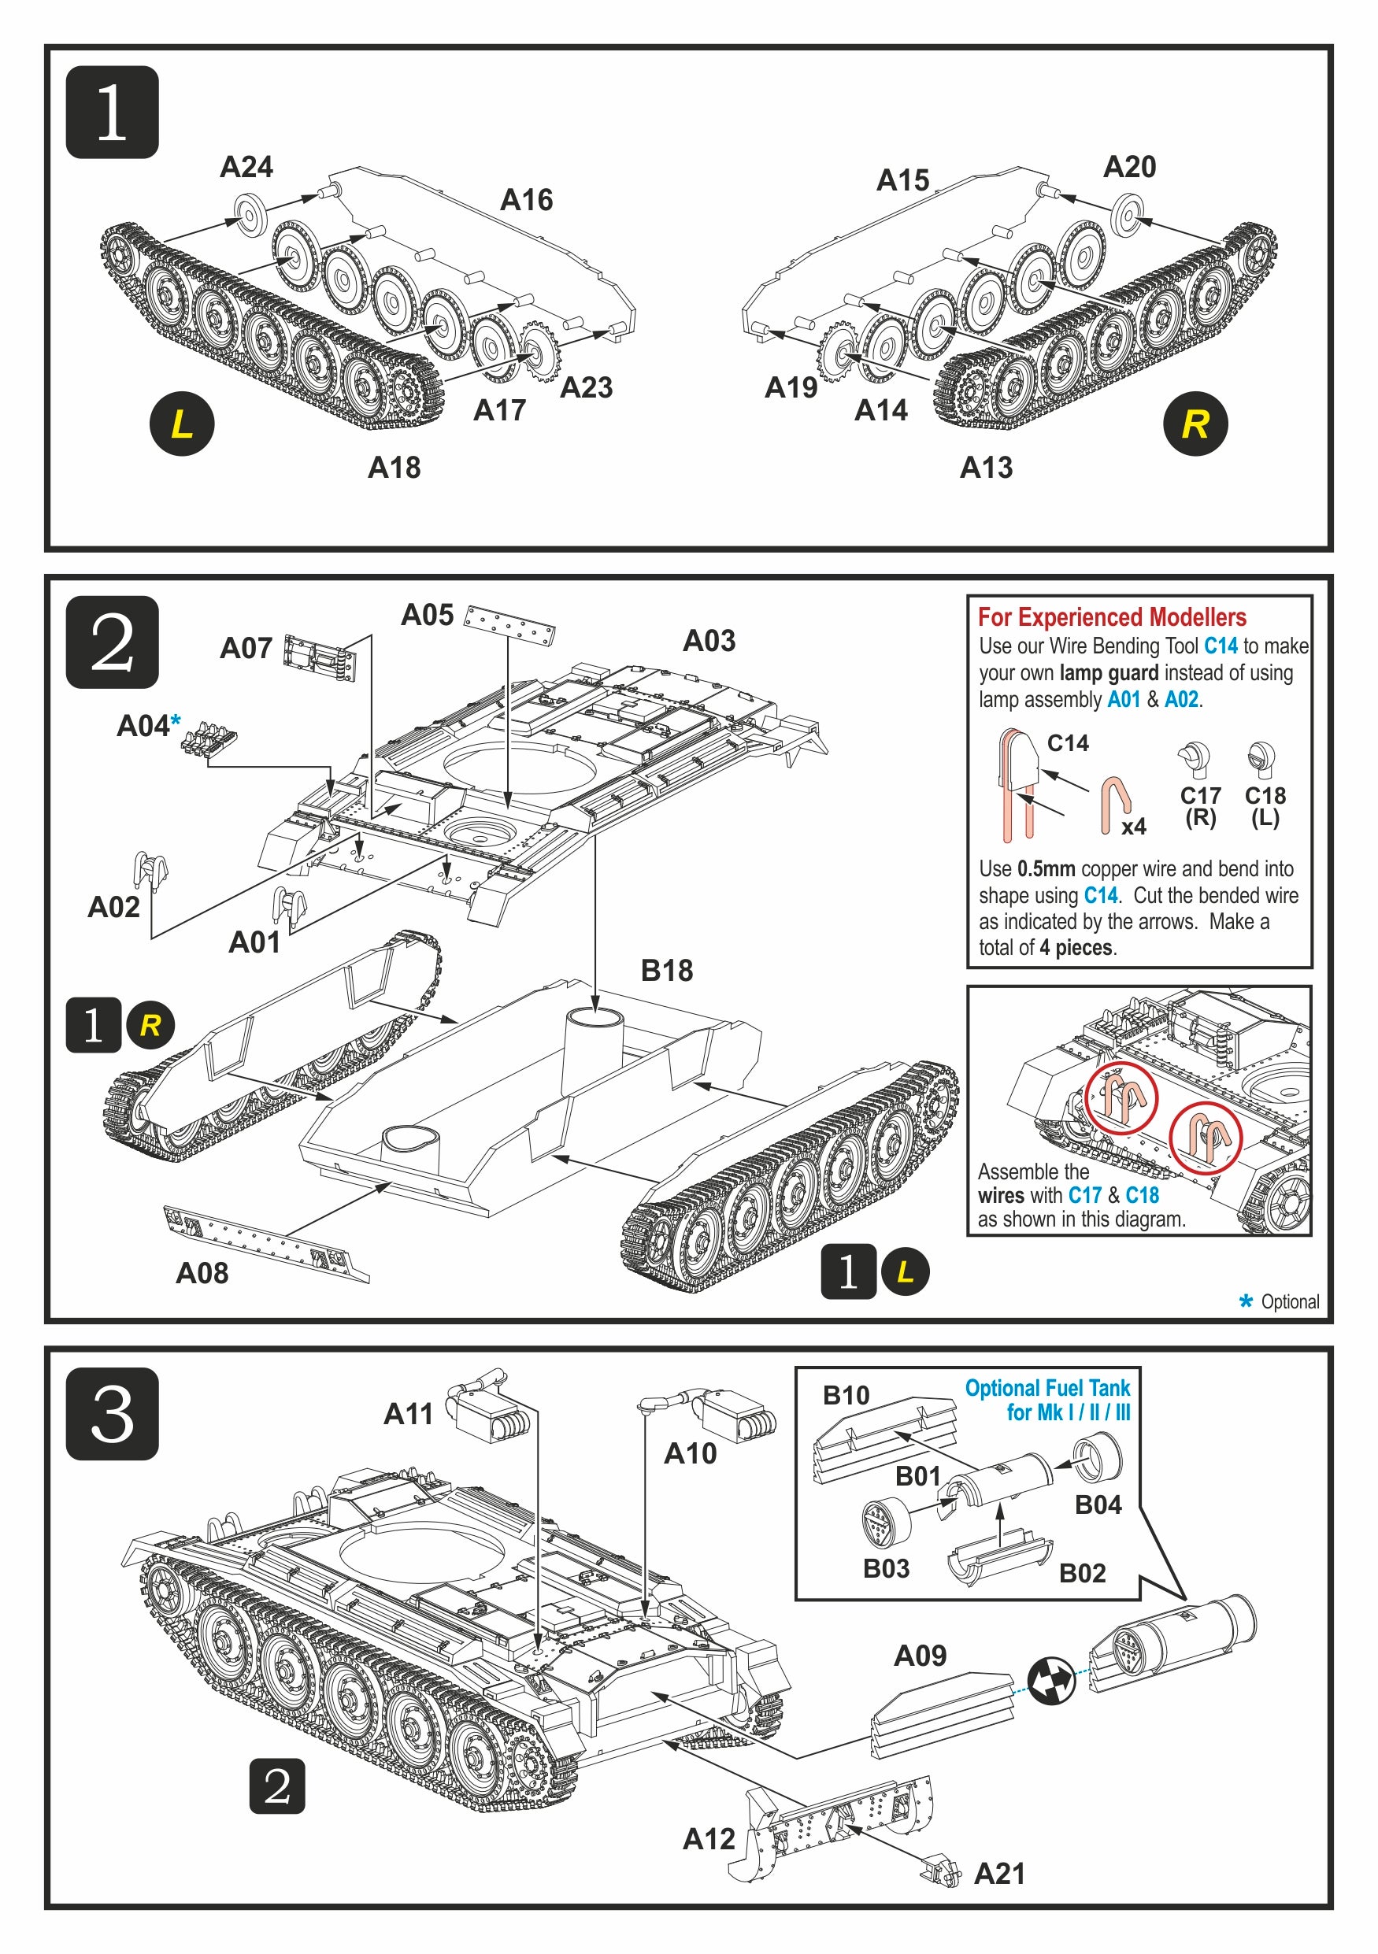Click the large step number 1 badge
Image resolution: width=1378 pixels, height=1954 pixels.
click(x=112, y=112)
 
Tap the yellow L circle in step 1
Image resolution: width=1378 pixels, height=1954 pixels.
click(x=181, y=423)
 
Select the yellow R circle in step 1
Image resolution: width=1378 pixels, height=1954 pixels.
click(x=1195, y=423)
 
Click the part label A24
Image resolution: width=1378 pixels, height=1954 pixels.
click(x=246, y=167)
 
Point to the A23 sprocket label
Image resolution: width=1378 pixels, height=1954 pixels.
click(x=586, y=388)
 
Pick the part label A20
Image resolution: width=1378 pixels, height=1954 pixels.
click(x=1128, y=167)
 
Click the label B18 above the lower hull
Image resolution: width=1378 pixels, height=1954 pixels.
click(x=666, y=970)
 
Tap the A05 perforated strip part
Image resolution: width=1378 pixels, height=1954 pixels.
click(x=509, y=626)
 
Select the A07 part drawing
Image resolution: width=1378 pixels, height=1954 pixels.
click(x=319, y=658)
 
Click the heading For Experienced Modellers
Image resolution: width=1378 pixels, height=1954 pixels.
click(x=1112, y=617)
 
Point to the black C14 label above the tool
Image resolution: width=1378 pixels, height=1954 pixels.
click(x=1067, y=743)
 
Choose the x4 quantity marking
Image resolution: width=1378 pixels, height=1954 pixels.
click(x=1133, y=827)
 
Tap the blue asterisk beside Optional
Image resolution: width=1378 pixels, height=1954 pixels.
click(x=1246, y=1301)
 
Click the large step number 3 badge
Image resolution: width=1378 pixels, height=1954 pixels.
click(x=112, y=1414)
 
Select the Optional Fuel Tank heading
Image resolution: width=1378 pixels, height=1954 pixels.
click(x=1047, y=1400)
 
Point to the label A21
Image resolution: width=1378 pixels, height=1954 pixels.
click(x=999, y=1873)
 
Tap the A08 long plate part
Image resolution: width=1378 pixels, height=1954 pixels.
click(x=265, y=1242)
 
